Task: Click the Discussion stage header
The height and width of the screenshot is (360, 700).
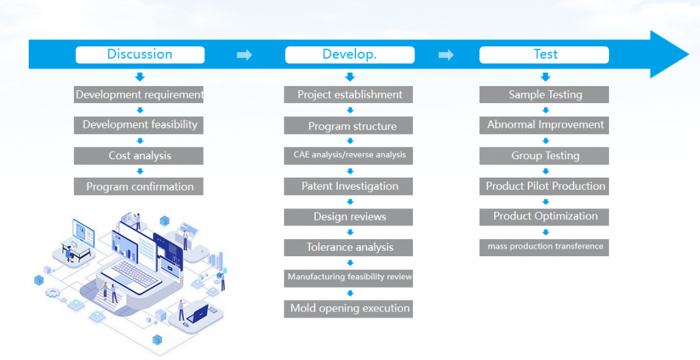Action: [x=140, y=55]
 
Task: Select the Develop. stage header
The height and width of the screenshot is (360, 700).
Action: [x=349, y=55]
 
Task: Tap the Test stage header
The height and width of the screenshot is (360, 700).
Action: [x=544, y=55]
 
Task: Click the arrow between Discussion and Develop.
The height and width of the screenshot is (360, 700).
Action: [x=244, y=55]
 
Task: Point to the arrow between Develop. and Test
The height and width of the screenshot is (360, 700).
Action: [x=446, y=55]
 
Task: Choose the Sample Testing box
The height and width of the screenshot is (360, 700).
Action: [x=544, y=94]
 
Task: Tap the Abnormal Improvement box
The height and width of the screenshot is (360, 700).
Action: [x=544, y=125]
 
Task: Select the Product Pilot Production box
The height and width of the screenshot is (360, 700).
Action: [x=544, y=186]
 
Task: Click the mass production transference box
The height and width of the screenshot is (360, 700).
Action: [x=544, y=247]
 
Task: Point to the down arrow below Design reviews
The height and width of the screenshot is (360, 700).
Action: [x=350, y=232]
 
